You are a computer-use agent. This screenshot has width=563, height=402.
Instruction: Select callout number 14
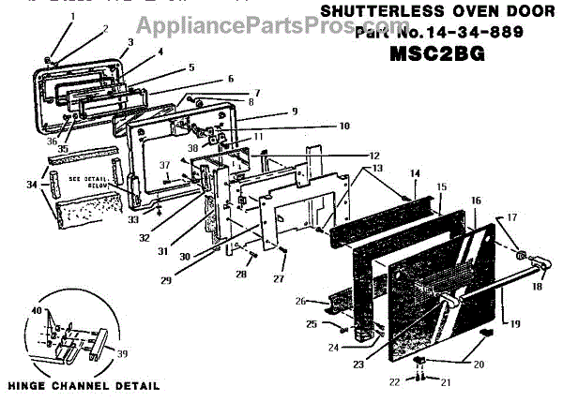(414, 173)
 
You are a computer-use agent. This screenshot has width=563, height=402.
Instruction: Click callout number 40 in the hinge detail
(37, 311)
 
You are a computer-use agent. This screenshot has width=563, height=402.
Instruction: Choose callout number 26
(300, 301)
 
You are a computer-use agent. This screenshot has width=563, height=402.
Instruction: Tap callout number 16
(476, 201)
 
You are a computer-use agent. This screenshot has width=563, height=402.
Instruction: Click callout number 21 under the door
(448, 382)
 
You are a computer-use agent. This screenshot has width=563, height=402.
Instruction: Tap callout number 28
(240, 275)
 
